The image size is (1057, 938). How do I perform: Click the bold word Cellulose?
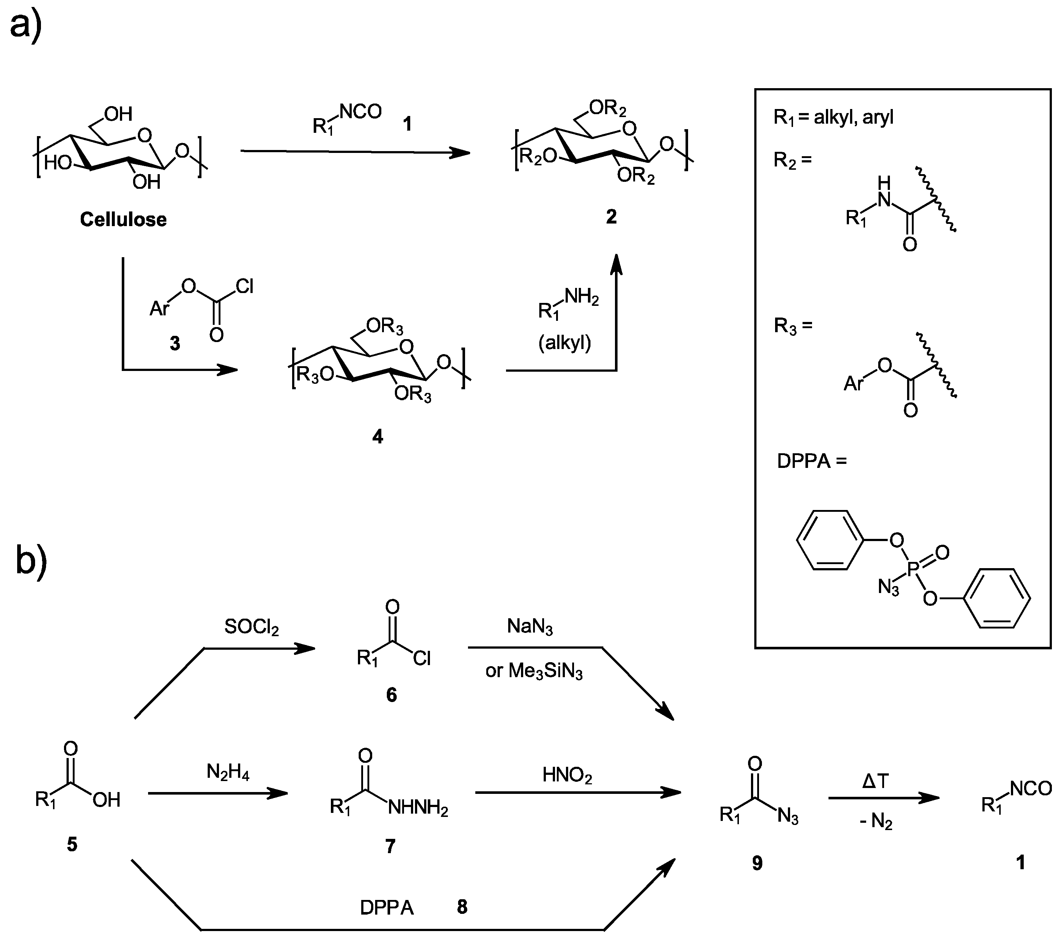[x=123, y=220]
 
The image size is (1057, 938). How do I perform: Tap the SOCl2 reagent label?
[x=251, y=627]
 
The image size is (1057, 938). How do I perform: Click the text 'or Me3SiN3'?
[x=534, y=671]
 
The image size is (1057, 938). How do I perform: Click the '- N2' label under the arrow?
[x=876, y=821]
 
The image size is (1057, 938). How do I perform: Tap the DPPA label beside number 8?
[x=387, y=908]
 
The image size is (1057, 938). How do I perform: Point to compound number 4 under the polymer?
[x=377, y=437]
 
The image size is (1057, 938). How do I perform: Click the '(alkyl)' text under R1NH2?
[x=565, y=342]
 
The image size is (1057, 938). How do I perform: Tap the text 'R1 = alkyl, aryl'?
[x=833, y=118]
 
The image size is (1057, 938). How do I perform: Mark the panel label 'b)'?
[x=31, y=560]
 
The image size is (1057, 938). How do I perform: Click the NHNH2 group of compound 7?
[x=418, y=808]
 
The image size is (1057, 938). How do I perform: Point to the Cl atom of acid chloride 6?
[x=422, y=658]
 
